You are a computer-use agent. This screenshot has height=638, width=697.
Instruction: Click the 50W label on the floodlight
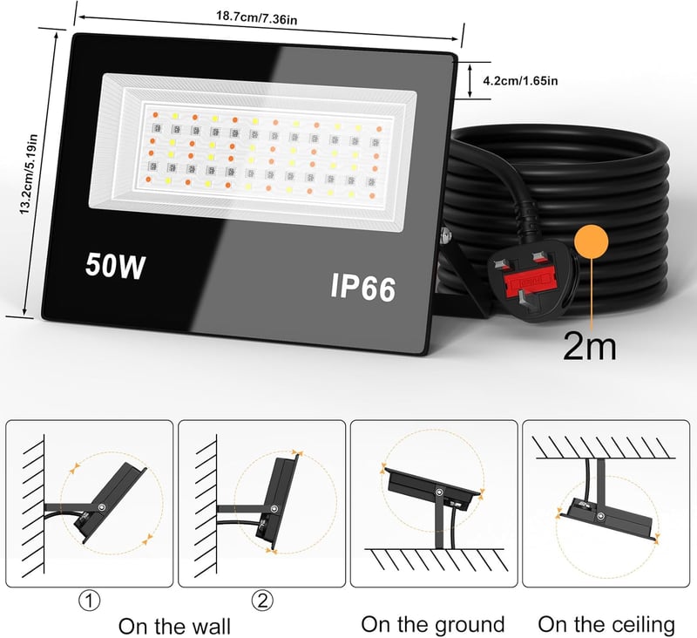(x=115, y=266)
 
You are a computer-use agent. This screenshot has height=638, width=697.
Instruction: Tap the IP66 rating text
(x=362, y=288)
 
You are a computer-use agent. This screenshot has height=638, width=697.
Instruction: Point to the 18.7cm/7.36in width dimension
(x=256, y=18)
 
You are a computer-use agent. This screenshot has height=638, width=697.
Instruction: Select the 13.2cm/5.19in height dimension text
(x=29, y=174)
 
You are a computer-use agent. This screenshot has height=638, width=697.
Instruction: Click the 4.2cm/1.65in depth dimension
(x=520, y=81)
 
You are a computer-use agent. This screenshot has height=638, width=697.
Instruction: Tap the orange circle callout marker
(x=592, y=241)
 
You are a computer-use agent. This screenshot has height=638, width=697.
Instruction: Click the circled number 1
(x=90, y=601)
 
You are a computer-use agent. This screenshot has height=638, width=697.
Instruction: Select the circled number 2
(x=263, y=601)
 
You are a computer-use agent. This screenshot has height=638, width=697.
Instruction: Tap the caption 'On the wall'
(x=175, y=626)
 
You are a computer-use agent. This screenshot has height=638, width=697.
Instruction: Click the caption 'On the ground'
(x=433, y=624)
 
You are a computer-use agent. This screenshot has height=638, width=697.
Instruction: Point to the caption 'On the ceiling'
(x=606, y=624)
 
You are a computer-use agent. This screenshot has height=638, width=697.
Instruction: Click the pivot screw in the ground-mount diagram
(x=439, y=492)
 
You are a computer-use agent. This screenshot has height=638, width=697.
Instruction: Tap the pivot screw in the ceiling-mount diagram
(x=601, y=516)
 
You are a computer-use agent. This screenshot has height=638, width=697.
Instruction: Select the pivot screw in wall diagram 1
(x=103, y=507)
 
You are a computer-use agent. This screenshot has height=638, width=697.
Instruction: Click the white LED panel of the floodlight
(x=254, y=152)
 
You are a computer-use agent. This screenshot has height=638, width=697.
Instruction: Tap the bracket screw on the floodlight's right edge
(x=443, y=234)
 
